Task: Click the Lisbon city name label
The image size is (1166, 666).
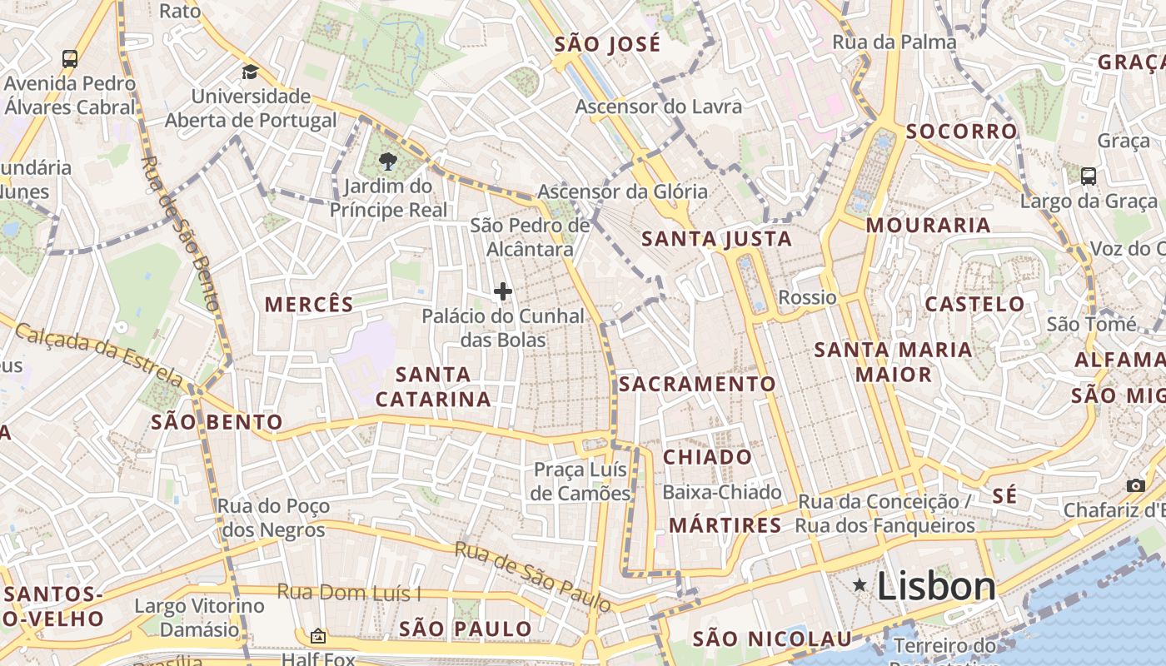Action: [x=936, y=586]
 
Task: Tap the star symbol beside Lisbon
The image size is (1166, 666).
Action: [x=860, y=586]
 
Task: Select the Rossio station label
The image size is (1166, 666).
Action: [x=807, y=297]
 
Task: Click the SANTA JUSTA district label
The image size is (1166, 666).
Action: [x=716, y=240]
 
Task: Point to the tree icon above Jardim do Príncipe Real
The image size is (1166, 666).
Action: [x=387, y=162]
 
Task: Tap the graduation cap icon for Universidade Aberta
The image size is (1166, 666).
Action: [x=250, y=72]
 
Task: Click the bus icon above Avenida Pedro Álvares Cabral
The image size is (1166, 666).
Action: [x=70, y=59]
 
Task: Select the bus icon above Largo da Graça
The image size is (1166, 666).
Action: [x=1088, y=176]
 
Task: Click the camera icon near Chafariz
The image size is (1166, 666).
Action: [x=1135, y=485]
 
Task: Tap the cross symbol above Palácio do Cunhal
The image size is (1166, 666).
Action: [x=503, y=291]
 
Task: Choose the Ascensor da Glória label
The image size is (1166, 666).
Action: [x=622, y=191]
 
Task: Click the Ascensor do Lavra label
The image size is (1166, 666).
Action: [x=658, y=107]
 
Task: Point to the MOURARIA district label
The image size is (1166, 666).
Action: [x=928, y=226]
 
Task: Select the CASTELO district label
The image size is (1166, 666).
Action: [x=974, y=304]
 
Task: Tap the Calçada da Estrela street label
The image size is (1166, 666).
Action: [x=98, y=355]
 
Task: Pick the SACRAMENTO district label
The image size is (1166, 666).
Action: [x=697, y=384]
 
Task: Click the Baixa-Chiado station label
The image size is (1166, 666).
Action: [x=722, y=492]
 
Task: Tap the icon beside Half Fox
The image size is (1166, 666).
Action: [x=317, y=637]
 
